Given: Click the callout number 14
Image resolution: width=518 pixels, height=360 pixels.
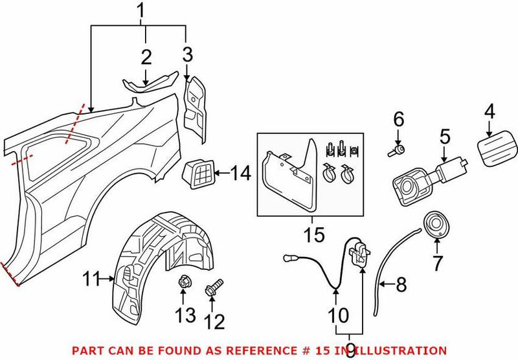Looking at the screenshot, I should coord(241,173).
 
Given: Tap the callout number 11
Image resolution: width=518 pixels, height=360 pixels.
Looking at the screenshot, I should coord(91,280).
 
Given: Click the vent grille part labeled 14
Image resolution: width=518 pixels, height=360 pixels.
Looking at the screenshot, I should coord(201,173).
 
